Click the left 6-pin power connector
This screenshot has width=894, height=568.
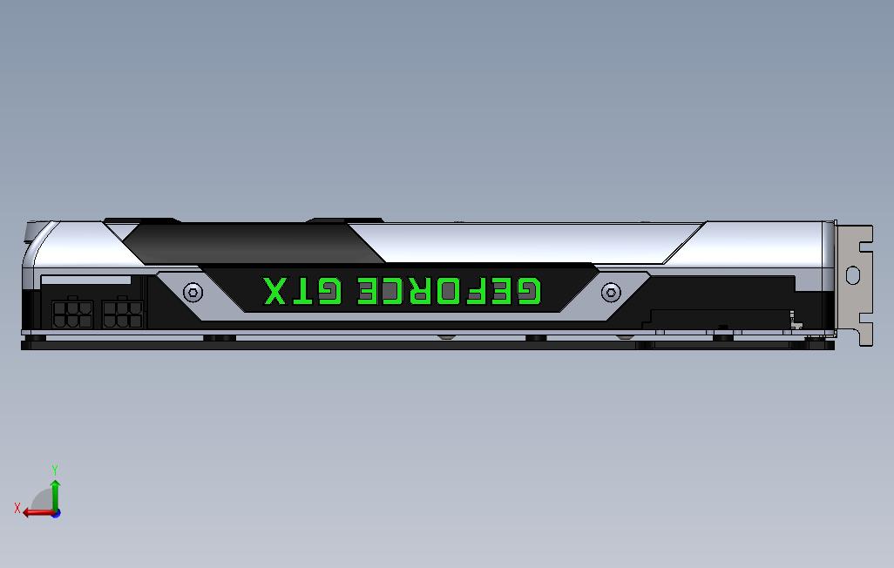(x=72, y=312)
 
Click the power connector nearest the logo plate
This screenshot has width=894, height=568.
(x=122, y=312)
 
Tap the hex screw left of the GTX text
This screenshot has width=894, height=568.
(x=193, y=292)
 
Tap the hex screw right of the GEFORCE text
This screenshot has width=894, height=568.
(x=611, y=292)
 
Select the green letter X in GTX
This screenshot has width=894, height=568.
(x=275, y=291)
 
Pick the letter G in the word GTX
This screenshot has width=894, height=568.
(x=328, y=291)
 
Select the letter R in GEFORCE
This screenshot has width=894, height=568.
(x=421, y=291)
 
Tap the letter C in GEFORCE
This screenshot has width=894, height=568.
(x=395, y=291)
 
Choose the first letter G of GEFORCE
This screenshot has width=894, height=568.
(x=528, y=291)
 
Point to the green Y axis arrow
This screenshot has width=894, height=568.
(x=55, y=495)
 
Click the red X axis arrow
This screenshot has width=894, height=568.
(x=35, y=512)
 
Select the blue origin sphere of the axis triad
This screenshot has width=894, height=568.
(x=56, y=512)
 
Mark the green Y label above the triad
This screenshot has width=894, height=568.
(x=55, y=470)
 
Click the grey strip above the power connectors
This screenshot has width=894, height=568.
(x=86, y=281)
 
